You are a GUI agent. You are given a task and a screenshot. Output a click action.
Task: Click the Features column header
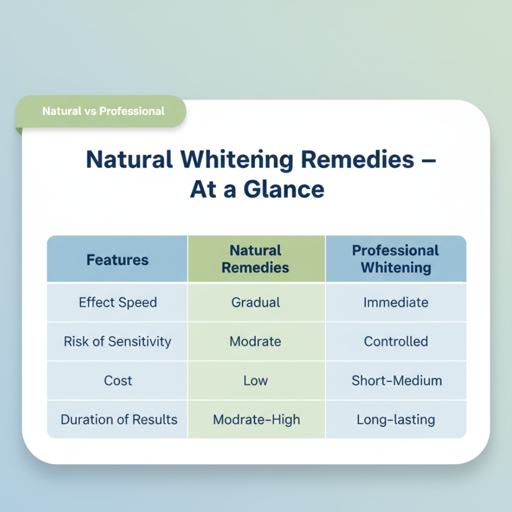click(117, 260)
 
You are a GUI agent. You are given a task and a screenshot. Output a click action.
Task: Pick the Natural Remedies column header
click(255, 259)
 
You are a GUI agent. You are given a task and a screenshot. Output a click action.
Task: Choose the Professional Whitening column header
click(395, 259)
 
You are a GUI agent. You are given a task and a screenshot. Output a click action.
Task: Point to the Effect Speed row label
click(118, 302)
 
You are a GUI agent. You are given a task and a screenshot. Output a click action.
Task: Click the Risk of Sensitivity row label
click(117, 341)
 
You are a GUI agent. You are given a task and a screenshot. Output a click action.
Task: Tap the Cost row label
click(118, 380)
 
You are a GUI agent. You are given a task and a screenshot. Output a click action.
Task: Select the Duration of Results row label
click(119, 419)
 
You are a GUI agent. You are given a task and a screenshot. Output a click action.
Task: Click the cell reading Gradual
click(255, 302)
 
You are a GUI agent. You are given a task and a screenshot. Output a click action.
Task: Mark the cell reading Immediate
click(395, 302)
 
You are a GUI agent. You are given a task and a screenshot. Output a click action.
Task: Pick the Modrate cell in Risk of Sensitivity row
click(255, 341)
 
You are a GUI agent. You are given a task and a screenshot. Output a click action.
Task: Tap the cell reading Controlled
click(395, 341)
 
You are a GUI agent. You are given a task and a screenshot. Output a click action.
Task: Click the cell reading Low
click(255, 380)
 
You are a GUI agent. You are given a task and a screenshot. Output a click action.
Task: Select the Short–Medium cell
click(396, 380)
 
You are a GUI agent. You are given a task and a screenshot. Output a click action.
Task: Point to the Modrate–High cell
click(256, 419)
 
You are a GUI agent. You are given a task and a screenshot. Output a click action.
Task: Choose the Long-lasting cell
click(395, 419)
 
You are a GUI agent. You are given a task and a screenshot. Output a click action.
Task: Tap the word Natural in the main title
click(129, 160)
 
